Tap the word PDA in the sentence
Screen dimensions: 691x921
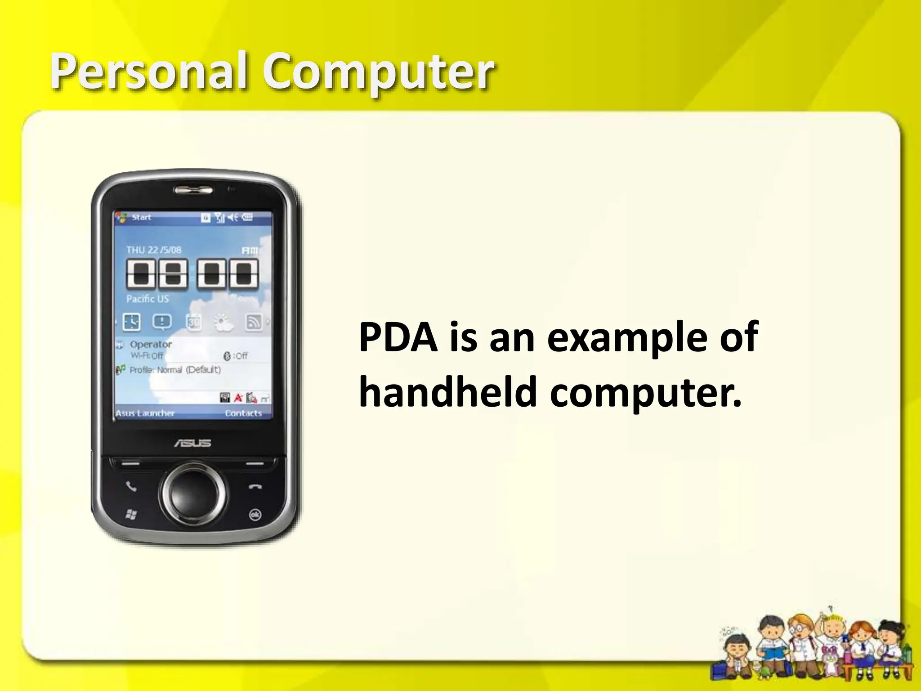(398, 337)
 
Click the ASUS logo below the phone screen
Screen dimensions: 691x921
(192, 443)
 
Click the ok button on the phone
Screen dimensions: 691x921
(255, 515)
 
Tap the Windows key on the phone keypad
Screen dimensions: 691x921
(131, 514)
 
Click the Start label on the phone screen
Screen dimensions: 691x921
(141, 217)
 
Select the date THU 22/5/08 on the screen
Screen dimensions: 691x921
(154, 250)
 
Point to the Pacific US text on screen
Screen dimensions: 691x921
(148, 299)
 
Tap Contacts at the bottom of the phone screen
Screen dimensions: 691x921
(243, 413)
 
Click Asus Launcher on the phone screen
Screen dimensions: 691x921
(145, 413)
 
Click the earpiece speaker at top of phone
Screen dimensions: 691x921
(193, 190)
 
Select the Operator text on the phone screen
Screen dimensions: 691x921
(151, 345)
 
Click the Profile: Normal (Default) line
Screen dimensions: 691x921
(175, 370)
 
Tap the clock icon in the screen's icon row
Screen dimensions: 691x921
(131, 322)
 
